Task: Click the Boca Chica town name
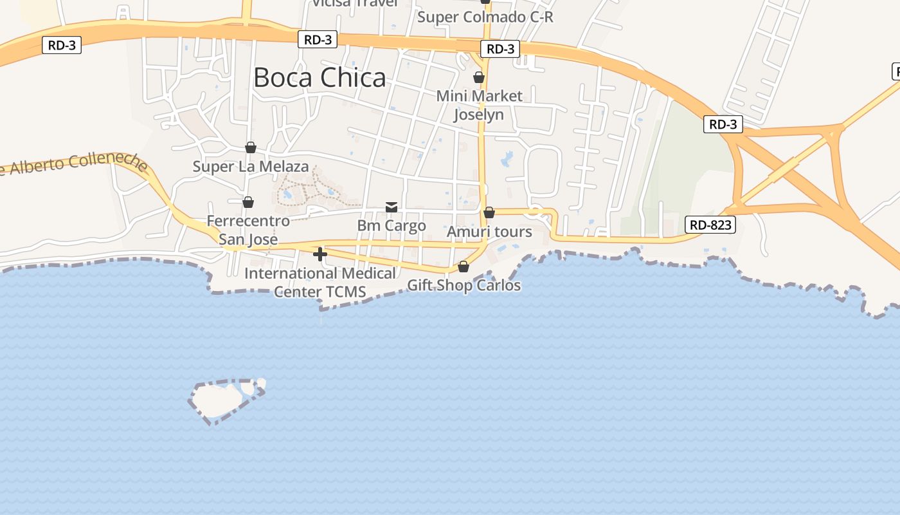[319, 78]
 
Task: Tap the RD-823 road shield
[710, 225]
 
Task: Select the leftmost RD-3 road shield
[62, 45]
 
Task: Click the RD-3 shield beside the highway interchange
[723, 124]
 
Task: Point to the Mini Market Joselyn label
[479, 105]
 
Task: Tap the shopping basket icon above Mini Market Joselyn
[479, 78]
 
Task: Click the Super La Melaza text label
[251, 167]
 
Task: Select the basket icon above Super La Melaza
[251, 148]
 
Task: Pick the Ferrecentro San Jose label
[248, 230]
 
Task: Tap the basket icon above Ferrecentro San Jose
[248, 203]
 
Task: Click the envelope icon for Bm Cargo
[392, 207]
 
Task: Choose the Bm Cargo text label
[392, 226]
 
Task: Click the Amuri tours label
[489, 232]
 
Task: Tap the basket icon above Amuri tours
[489, 212]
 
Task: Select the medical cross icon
[320, 254]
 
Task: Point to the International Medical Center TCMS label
[320, 283]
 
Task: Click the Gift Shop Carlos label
[464, 285]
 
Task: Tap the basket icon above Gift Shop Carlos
[464, 267]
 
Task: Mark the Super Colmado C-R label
[485, 17]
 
